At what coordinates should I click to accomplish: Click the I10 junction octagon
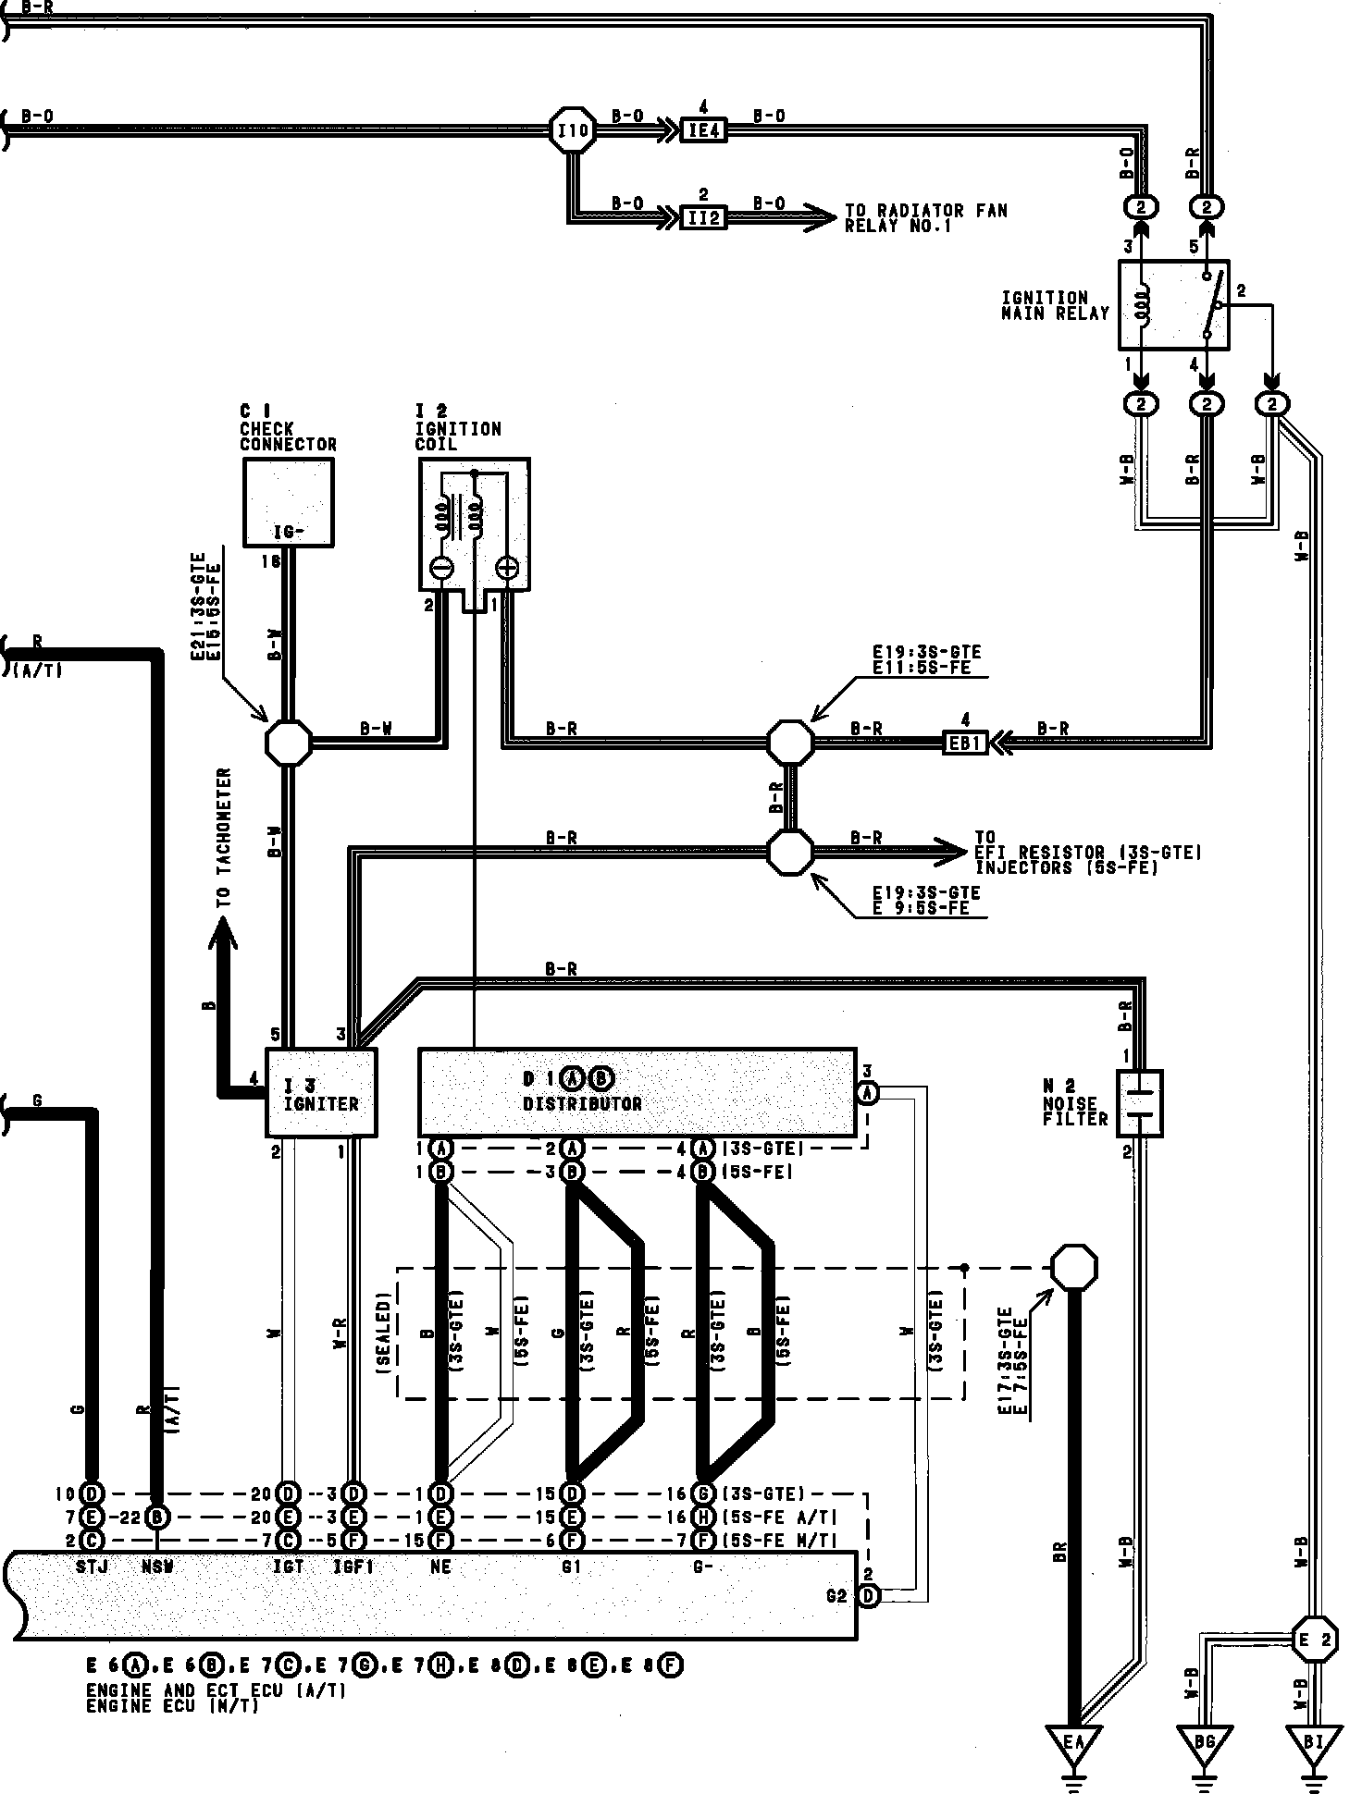573,130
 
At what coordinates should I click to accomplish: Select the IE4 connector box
703,130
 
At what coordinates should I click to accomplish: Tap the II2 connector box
703,218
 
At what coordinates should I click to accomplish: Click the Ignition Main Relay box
1173,304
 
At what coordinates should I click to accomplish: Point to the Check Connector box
288,502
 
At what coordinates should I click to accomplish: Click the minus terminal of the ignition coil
442,568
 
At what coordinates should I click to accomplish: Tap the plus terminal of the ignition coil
507,568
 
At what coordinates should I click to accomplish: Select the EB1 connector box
964,742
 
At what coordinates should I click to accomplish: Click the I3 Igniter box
321,1092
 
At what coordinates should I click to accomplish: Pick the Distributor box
637,1091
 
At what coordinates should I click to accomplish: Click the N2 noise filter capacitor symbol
1139,1103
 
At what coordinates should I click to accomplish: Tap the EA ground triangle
1073,1744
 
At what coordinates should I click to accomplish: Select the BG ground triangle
1204,1744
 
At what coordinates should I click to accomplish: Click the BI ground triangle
1314,1744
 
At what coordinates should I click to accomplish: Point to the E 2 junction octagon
1314,1640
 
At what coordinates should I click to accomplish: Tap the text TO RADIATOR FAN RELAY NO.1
925,218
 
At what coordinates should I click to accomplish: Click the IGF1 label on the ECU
353,1567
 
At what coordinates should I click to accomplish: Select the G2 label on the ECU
836,1595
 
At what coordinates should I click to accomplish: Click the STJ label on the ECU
92,1567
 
